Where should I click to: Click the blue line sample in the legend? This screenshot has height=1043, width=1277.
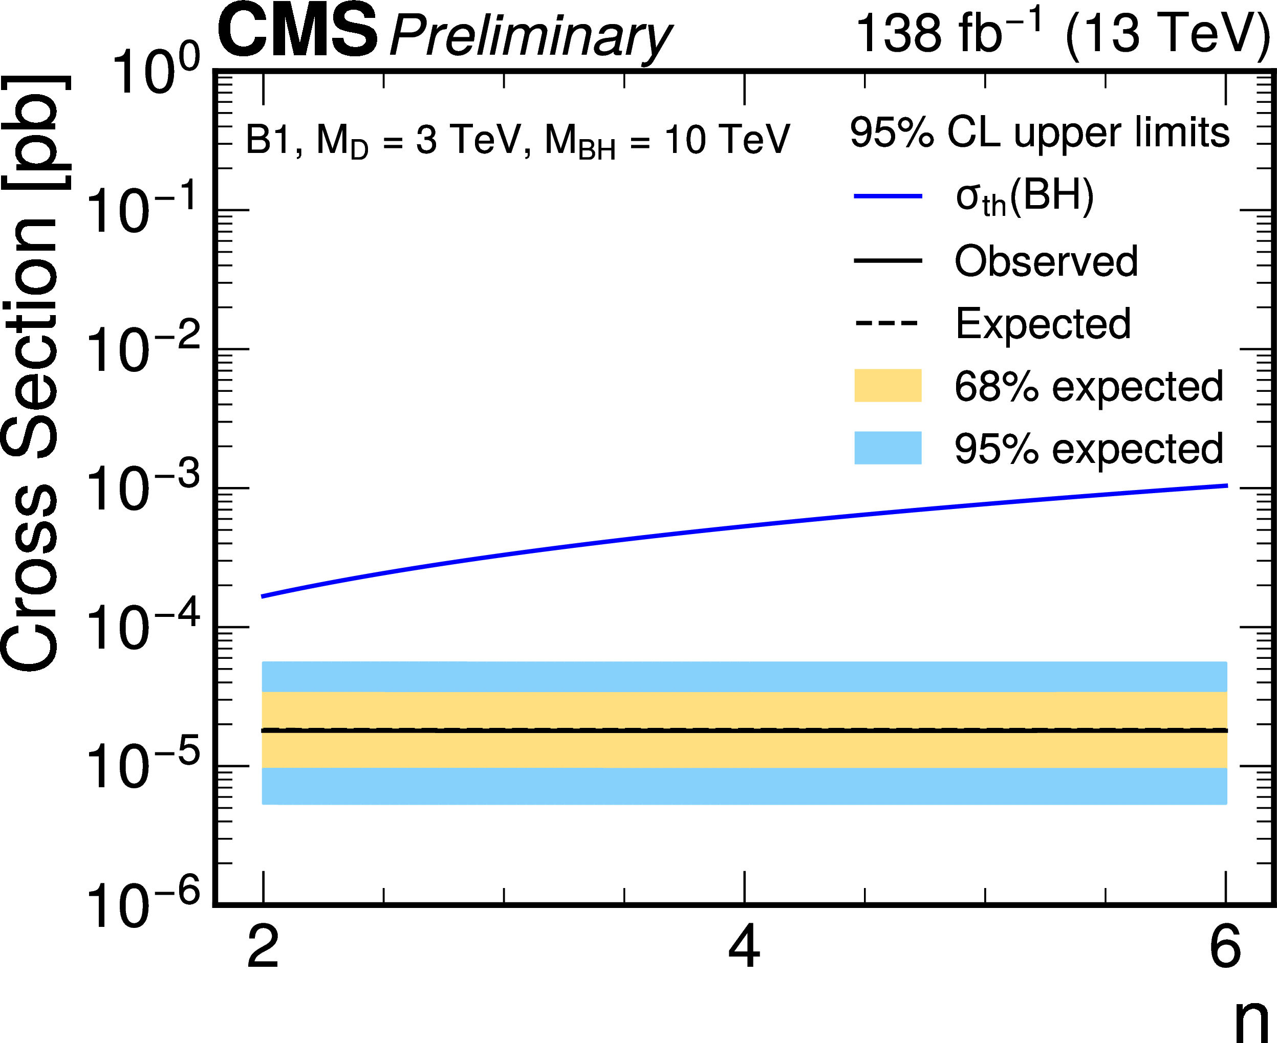pos(888,196)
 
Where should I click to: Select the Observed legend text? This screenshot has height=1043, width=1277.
pos(1046,261)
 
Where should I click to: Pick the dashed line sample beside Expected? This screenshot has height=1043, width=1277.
pos(888,323)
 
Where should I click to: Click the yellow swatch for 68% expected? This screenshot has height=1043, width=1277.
pos(888,385)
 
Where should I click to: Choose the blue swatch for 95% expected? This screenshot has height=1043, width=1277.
pos(888,448)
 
